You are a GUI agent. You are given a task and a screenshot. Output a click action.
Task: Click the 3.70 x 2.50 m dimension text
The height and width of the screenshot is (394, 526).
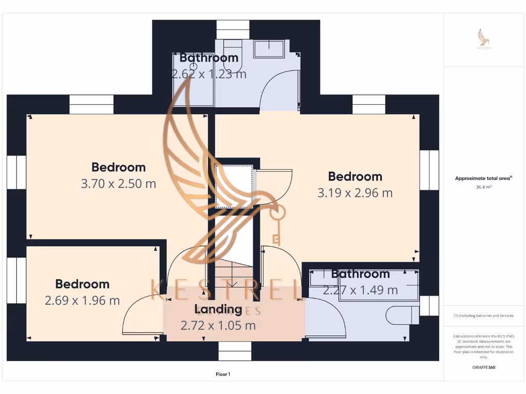coord(118,184)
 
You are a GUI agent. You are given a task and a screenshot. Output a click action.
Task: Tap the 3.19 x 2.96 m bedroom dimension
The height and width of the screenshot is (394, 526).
coord(355,193)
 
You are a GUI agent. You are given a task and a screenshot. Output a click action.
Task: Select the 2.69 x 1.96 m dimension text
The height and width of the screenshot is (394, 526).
coord(82,301)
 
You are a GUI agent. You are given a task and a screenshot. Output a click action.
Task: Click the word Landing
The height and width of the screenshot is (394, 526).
coord(218,309)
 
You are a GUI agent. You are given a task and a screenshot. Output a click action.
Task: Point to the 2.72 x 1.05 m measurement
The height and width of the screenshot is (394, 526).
coord(218,325)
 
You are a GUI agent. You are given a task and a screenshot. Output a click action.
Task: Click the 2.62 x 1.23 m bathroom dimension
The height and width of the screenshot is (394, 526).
coord(209,74)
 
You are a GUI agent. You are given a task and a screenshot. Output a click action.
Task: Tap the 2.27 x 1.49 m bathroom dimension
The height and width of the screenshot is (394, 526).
coord(360,290)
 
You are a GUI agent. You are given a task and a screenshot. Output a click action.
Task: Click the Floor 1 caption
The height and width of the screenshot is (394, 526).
coord(222,375)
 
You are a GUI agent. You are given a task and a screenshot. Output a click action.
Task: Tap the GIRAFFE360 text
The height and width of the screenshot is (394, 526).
coord(484,367)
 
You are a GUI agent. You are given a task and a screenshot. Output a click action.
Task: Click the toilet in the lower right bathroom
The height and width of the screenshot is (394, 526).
coord(401,315)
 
